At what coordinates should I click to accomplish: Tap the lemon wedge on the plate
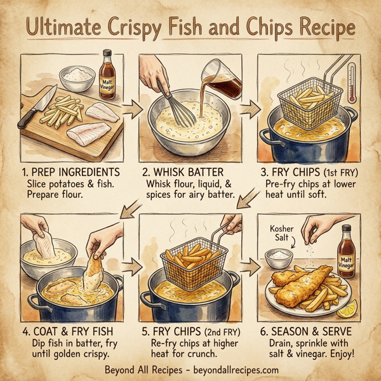(347, 309)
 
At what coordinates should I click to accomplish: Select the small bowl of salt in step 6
(277, 257)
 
